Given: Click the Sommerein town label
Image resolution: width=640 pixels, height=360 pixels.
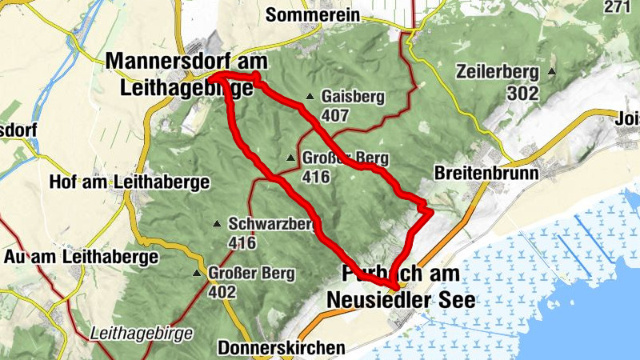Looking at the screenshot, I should click(307, 14).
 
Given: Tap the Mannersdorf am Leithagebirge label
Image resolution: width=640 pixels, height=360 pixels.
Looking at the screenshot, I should click(186, 74).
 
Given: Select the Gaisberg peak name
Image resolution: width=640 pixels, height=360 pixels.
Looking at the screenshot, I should click(353, 98).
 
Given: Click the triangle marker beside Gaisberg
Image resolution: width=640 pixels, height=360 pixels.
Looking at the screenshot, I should click(310, 98).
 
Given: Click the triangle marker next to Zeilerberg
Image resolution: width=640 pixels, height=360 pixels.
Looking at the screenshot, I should click(551, 72).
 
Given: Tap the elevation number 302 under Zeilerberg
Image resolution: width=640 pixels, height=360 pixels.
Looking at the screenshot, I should click(522, 93).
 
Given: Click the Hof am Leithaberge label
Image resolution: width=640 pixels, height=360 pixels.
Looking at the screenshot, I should click(129, 182).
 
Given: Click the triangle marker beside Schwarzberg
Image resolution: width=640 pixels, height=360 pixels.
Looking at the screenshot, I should click(216, 224).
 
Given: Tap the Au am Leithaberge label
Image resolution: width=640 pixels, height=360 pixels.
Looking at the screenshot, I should click(82, 257).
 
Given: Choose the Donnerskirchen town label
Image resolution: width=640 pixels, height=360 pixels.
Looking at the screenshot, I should click(282, 348).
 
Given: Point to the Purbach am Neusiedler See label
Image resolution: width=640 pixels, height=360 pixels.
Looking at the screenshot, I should click(400, 286).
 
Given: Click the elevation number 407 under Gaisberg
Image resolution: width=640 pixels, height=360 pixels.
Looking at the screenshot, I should click(335, 116).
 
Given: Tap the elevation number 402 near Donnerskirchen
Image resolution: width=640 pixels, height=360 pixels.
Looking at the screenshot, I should click(222, 292).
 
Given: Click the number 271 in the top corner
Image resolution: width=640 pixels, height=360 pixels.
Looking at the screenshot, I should click(626, 8).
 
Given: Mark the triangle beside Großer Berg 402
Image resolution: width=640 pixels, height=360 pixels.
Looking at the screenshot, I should click(198, 274).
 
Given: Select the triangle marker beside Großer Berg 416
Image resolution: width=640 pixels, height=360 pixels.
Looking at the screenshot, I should click(290, 157).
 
